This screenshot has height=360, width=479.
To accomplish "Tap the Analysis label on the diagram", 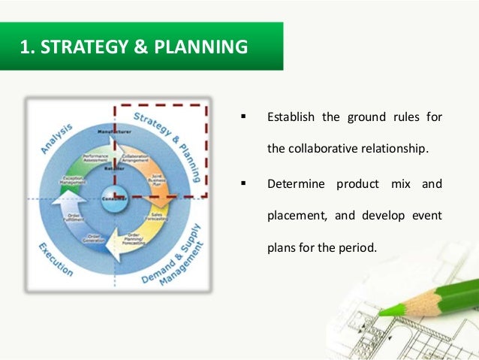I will [58, 140].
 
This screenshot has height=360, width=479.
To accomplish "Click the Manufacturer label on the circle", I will [115, 132].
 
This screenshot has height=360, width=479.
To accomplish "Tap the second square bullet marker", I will [243, 183].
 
